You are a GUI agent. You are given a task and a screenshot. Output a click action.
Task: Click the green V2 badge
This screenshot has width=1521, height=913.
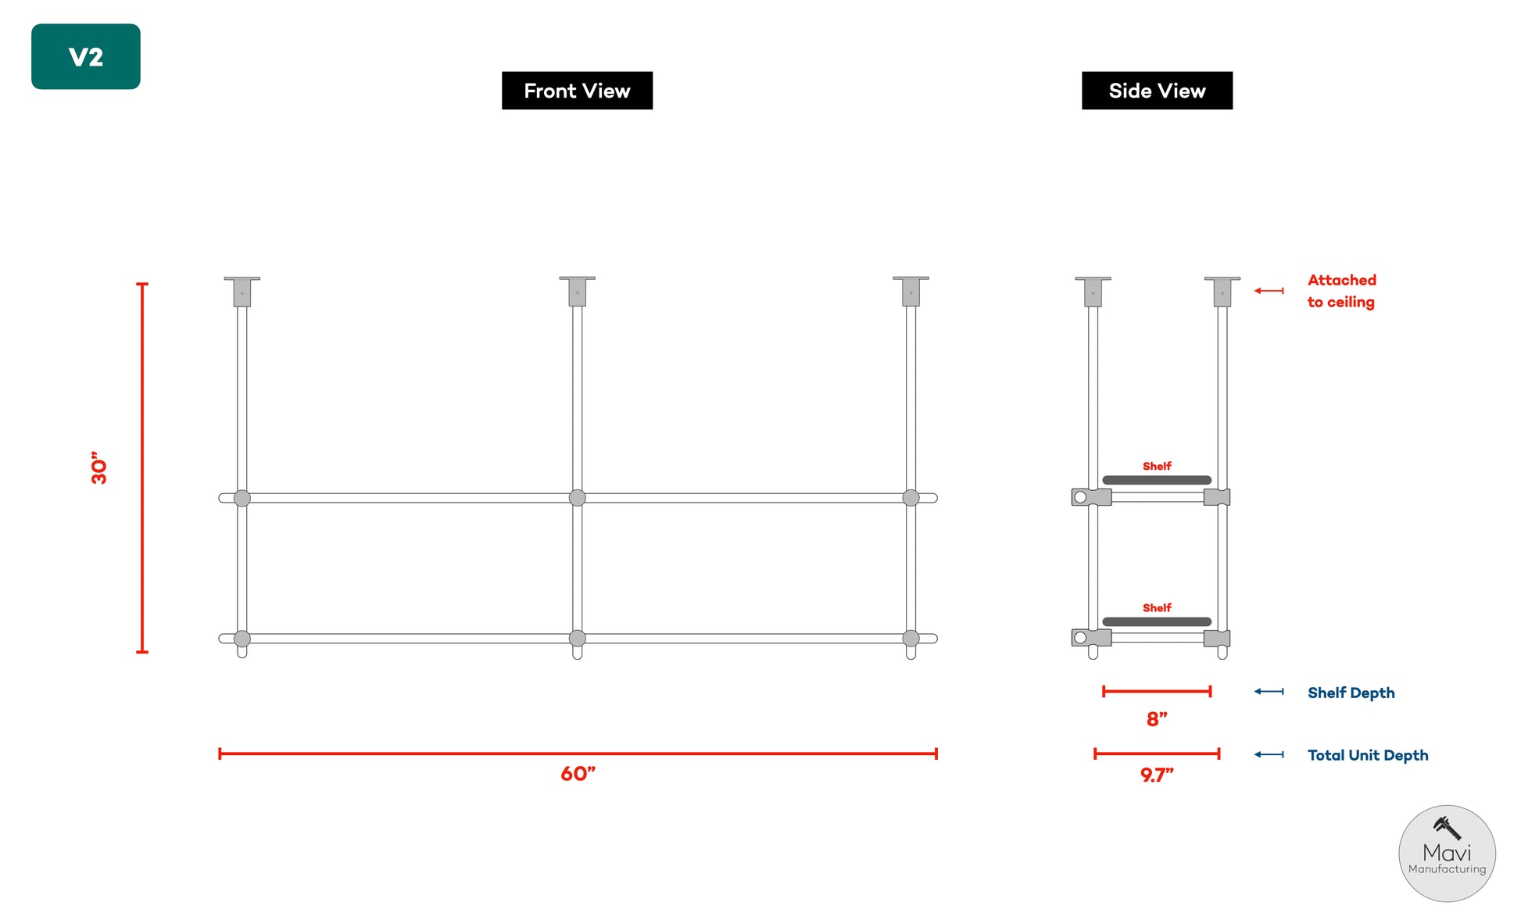[x=86, y=56]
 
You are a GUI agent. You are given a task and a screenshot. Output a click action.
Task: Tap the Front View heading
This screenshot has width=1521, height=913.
[x=577, y=91]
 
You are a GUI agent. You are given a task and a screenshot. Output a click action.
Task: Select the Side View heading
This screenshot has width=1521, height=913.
[x=1157, y=91]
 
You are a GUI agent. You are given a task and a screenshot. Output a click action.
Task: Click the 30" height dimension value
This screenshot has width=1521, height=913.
[x=98, y=467]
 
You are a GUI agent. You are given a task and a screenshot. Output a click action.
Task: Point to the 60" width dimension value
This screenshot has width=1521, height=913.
[x=578, y=773]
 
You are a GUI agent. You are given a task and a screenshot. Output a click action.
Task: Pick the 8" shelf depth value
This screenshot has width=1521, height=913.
[x=1157, y=718]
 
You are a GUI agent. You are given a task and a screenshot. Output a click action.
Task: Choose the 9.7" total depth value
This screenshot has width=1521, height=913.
[x=1157, y=775]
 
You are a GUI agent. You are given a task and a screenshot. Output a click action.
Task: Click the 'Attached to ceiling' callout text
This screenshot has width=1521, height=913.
[x=1341, y=291]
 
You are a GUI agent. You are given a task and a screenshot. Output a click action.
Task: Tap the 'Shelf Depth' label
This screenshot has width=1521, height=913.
[x=1351, y=693]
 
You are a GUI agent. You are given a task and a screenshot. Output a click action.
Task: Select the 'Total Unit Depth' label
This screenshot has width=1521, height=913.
[x=1368, y=755]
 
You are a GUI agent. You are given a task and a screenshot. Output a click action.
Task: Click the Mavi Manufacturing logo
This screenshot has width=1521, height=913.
[x=1447, y=854]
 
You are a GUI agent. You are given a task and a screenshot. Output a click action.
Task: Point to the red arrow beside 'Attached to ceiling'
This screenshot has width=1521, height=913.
[x=1269, y=291]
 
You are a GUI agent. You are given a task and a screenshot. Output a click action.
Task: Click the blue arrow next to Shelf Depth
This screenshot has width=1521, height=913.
[x=1269, y=691]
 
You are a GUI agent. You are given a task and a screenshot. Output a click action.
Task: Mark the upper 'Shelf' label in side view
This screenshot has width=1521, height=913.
[x=1157, y=466]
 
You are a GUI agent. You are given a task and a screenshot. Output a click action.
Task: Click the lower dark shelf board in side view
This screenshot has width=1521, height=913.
[x=1157, y=621]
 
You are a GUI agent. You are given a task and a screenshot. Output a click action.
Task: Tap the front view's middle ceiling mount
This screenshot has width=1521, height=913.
[x=577, y=291]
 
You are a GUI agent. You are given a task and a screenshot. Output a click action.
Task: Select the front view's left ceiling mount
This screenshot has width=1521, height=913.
[x=242, y=291]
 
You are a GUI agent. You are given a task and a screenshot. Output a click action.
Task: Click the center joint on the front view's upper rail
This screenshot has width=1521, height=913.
[x=577, y=498]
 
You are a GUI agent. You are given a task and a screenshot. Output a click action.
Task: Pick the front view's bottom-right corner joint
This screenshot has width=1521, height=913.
[x=911, y=639]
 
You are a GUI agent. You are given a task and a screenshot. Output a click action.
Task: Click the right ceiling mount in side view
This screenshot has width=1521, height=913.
[x=1222, y=291]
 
